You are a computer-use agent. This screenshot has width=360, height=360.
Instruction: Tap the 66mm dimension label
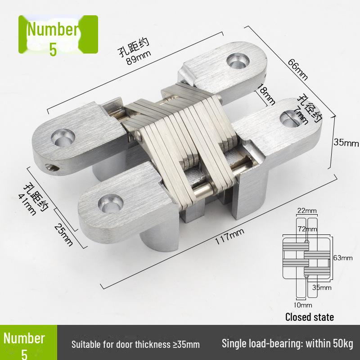[298, 69]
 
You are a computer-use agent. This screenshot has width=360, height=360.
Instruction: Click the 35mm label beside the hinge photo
[346, 143]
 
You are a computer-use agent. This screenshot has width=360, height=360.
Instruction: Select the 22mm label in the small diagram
[307, 211]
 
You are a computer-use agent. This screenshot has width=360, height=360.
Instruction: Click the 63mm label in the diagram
[343, 257]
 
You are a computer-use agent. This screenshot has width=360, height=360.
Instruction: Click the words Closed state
[310, 317]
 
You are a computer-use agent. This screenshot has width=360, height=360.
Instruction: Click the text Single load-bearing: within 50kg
[288, 344]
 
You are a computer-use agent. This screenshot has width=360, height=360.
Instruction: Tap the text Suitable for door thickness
[135, 345]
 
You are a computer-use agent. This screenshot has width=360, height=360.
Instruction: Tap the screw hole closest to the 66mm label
[236, 60]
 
